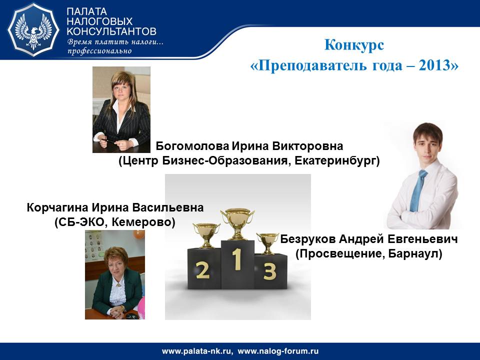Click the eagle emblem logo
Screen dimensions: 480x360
33,29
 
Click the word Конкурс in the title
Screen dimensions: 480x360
354,44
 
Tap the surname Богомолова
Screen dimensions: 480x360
192,146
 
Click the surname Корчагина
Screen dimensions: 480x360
58,207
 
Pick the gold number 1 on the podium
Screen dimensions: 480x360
236,259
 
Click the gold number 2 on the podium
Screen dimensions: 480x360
202,270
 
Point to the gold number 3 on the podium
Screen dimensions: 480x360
269,271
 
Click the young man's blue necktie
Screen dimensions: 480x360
418,191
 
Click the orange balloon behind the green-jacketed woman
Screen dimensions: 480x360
139,234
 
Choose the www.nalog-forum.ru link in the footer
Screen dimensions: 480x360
278,351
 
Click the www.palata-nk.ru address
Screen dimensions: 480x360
197,351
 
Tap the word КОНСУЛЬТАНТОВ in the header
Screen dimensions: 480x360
111,31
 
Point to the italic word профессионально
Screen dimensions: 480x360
99,51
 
